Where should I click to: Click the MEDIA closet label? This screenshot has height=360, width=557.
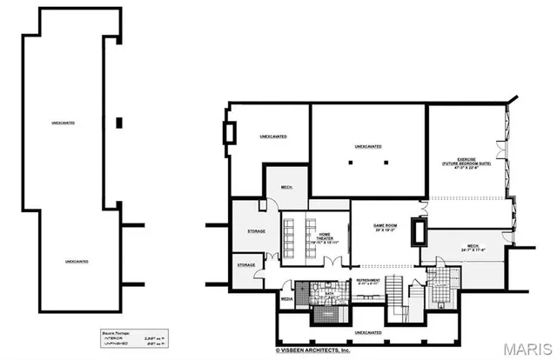click(286, 298)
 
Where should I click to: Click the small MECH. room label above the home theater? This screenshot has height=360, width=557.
click(285, 187)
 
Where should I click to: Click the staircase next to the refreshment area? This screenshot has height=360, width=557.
click(395, 291)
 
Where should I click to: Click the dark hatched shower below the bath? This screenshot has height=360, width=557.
click(305, 291)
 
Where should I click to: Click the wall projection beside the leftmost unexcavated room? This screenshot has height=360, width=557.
click(230, 133)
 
